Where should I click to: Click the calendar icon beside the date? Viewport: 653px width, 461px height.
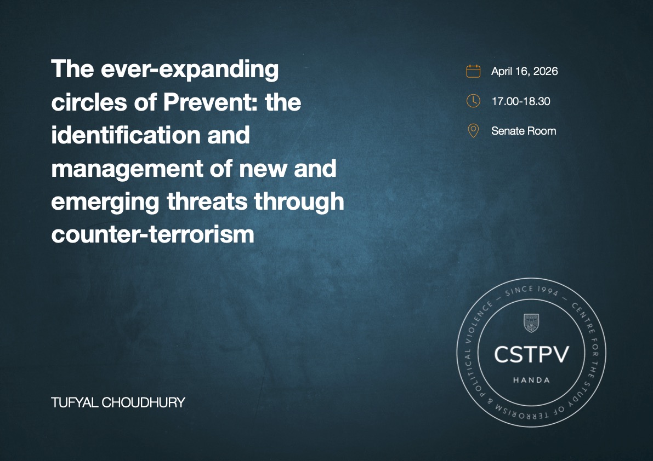473,71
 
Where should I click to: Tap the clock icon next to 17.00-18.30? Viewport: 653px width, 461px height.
473,101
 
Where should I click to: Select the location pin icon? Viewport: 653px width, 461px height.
473,131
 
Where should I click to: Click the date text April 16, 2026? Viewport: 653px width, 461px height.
524,71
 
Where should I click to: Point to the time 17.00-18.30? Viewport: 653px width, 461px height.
520,101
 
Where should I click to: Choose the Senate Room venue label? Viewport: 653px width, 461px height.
524,131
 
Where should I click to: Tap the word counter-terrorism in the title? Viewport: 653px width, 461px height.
152,234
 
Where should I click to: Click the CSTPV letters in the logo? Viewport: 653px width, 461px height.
531,354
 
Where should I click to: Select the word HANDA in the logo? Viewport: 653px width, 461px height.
531,380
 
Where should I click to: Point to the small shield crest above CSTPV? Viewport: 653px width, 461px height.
531,323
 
